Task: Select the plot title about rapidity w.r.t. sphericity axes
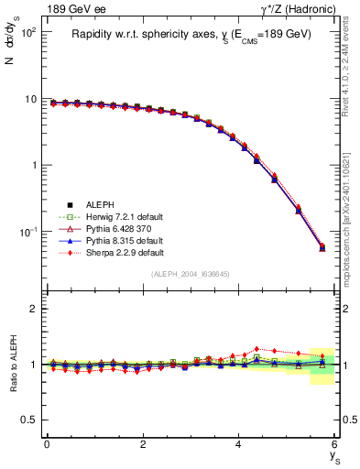pos(191,33)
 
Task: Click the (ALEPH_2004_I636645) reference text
pos(191,274)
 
